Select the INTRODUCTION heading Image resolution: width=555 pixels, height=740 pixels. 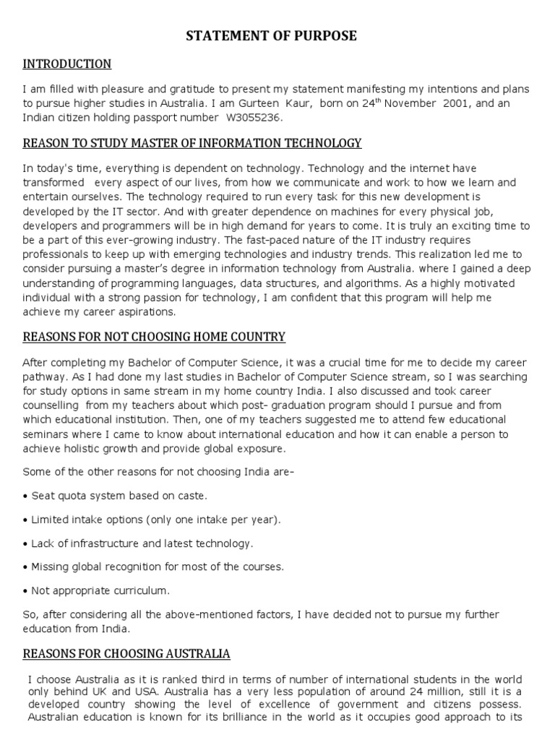67,64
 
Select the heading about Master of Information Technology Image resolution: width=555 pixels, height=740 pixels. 192,143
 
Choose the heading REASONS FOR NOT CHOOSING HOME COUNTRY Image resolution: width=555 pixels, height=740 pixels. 154,337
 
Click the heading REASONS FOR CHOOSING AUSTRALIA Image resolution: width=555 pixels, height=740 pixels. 126,654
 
